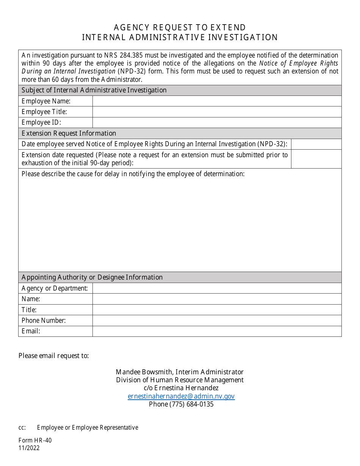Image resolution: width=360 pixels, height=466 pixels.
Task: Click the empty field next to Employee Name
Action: coord(217,101)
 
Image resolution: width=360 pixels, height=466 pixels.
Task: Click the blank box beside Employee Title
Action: coord(217,112)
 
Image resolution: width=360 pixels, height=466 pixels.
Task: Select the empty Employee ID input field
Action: coord(217,122)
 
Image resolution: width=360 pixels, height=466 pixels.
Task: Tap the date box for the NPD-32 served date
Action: coord(316,144)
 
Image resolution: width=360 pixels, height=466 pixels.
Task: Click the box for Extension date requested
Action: coord(316,159)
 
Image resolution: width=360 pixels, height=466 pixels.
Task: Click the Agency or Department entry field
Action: coord(217,288)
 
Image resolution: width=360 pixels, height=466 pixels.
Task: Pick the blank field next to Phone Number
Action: coord(217,321)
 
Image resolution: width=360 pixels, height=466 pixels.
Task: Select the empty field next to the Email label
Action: coord(217,331)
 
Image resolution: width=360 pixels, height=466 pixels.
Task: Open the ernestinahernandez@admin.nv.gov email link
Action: coord(181,396)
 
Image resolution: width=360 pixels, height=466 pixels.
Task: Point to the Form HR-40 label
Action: coord(35,440)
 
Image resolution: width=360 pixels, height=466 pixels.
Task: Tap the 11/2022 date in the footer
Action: coord(29,448)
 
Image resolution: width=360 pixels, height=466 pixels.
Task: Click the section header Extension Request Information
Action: coord(69,133)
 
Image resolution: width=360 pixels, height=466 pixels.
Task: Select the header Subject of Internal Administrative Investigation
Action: coord(94,90)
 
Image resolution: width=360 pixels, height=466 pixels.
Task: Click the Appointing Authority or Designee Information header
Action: coord(92,277)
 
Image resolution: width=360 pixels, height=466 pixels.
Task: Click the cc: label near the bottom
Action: coord(22,428)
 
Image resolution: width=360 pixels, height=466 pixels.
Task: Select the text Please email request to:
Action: coord(54,356)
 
